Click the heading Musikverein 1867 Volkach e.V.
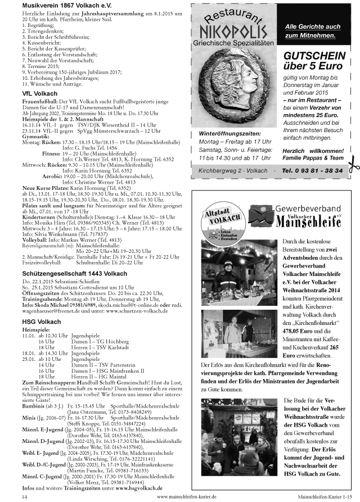[61, 5]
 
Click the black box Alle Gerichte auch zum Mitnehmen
[313, 31]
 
